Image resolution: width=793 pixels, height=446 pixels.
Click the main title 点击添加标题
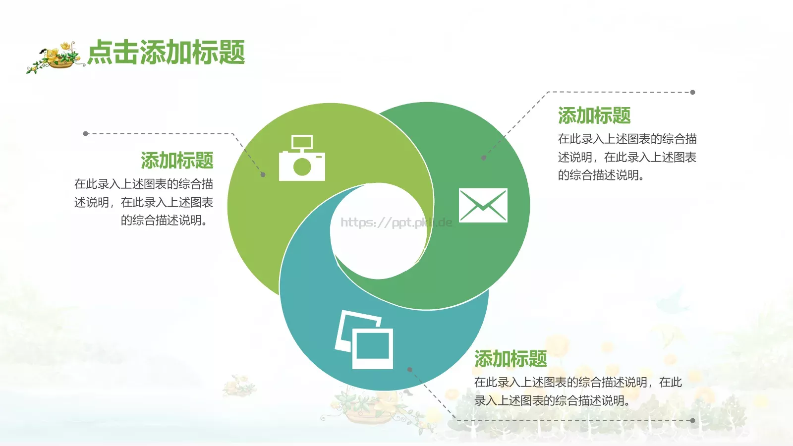166,53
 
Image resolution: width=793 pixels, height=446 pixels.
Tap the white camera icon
302,159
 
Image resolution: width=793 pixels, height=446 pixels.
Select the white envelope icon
483,205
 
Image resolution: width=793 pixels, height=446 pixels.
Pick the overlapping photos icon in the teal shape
365,340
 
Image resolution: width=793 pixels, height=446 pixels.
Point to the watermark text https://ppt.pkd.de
396,223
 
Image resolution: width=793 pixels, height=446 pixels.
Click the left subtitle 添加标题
177,161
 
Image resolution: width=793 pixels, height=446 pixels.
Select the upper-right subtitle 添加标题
594,115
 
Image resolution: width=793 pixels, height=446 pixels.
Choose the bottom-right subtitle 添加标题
510,359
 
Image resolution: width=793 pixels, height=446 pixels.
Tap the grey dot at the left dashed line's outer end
86,134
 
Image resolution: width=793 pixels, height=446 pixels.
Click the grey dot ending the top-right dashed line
692,92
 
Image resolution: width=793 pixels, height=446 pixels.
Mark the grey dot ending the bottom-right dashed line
692,420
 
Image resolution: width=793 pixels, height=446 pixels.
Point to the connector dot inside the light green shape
263,174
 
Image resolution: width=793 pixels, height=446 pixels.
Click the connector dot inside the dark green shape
483,158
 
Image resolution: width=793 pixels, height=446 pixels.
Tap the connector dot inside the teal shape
409,369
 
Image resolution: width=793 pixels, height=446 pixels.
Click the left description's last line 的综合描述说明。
165,221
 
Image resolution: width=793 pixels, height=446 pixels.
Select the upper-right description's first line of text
627,139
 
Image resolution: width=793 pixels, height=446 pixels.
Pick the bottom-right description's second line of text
552,401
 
